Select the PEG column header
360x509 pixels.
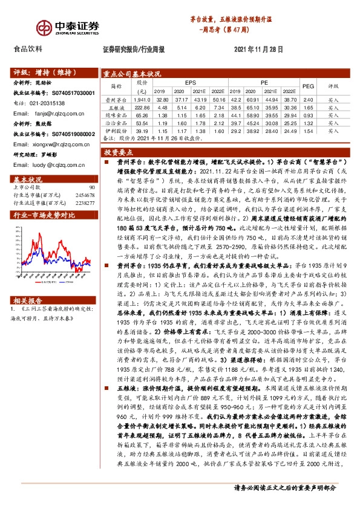click(x=307, y=86)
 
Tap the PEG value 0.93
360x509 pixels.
click(x=307, y=115)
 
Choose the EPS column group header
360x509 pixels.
click(x=191, y=81)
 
